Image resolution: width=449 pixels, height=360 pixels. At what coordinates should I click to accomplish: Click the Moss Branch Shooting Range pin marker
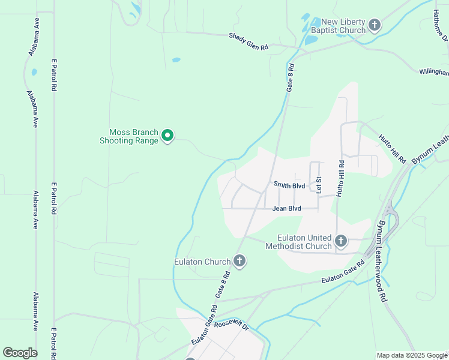(168, 136)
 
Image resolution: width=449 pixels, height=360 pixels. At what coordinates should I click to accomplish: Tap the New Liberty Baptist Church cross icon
(375, 25)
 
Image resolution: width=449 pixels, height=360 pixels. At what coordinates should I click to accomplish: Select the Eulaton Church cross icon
(239, 260)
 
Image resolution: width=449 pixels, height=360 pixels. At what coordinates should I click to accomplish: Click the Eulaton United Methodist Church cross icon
(341, 241)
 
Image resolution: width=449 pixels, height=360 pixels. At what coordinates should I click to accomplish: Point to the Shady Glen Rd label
(248, 41)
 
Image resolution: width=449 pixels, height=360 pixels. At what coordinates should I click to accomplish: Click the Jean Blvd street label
(286, 209)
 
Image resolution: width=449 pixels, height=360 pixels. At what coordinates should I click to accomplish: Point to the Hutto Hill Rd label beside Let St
(341, 178)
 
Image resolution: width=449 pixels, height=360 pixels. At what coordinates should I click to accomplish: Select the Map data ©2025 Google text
(411, 355)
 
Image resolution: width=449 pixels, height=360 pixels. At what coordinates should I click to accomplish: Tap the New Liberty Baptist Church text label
(339, 26)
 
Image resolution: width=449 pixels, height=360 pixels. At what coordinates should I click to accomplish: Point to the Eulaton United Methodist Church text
(306, 242)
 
